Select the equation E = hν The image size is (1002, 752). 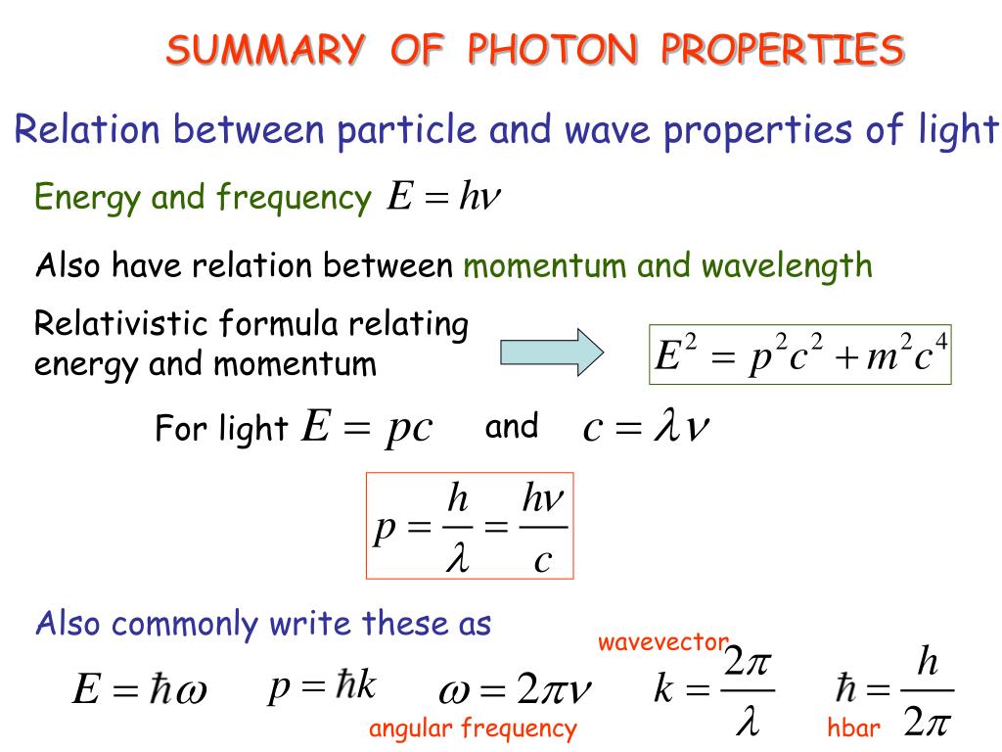coord(443,198)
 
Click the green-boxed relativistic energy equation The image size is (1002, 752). coord(800,354)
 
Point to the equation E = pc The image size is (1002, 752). coord(367,428)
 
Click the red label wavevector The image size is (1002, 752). coord(663,643)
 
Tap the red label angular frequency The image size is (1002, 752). coord(473,728)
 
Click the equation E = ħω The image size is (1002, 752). coord(139,690)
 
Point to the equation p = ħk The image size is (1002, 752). coord(322,687)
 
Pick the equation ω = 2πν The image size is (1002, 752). coord(516,692)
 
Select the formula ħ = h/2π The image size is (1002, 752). coord(895,690)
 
